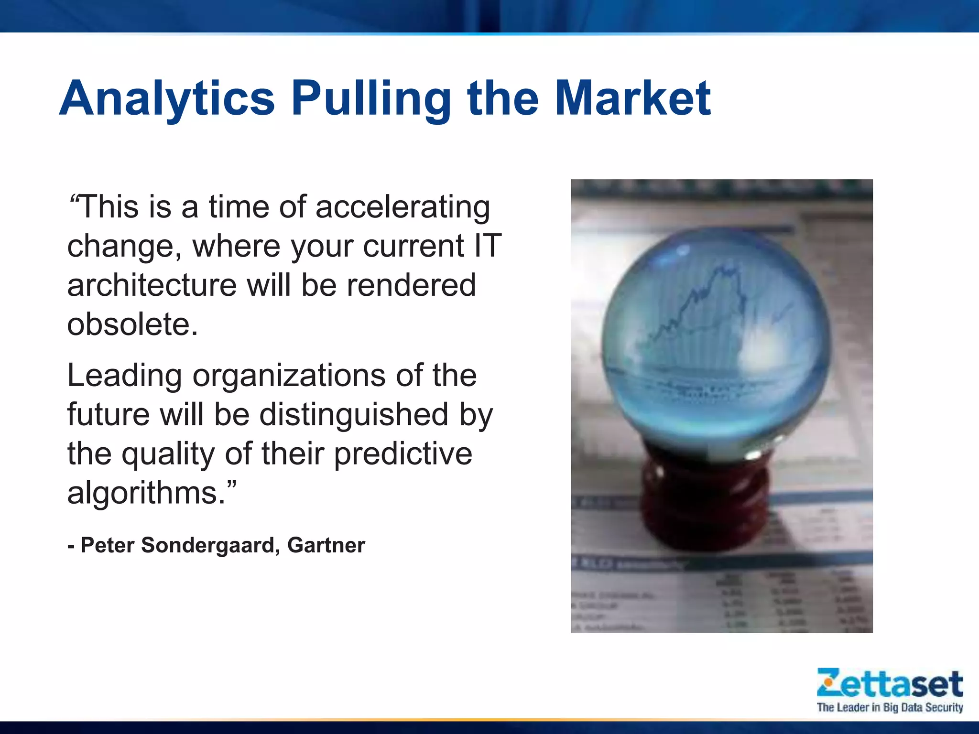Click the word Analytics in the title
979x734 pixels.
pyautogui.click(x=167, y=99)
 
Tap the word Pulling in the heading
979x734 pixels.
pyautogui.click(x=371, y=99)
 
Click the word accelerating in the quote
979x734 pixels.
pyautogui.click(x=402, y=208)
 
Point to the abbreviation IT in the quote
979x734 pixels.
pyautogui.click(x=487, y=246)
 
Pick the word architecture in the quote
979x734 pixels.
pyautogui.click(x=152, y=285)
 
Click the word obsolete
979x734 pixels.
pyautogui.click(x=132, y=324)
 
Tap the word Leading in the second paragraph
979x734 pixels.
pyautogui.click(x=124, y=376)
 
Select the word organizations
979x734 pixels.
pyautogui.click(x=289, y=376)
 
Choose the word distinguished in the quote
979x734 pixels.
pyautogui.click(x=354, y=414)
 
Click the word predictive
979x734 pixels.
pyautogui.click(x=403, y=454)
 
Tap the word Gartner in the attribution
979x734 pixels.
pyautogui.click(x=326, y=545)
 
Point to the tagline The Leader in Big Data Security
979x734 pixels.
pyautogui.click(x=890, y=707)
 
